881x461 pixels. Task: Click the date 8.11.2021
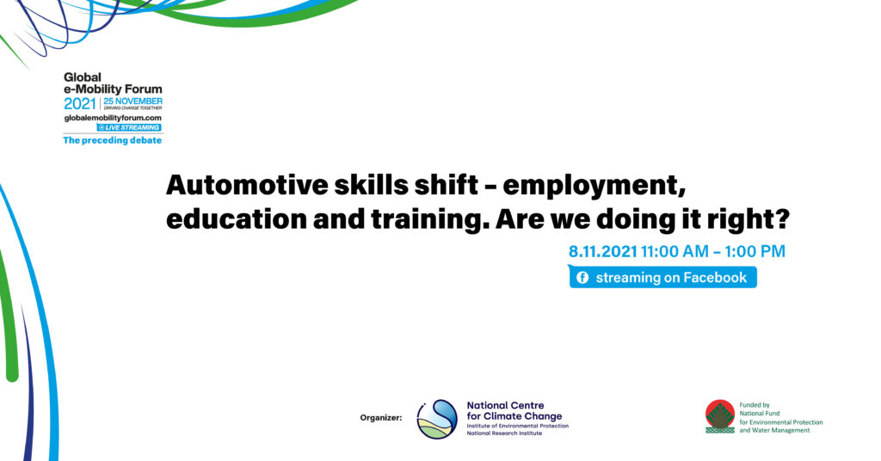(x=603, y=251)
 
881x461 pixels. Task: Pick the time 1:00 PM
(x=755, y=251)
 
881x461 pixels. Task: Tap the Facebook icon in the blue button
(x=582, y=278)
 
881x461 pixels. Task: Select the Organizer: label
(x=381, y=418)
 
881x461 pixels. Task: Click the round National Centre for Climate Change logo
(x=437, y=420)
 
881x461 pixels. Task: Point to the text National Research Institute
(x=504, y=433)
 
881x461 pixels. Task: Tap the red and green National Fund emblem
(x=720, y=416)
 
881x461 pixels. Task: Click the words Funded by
(x=755, y=405)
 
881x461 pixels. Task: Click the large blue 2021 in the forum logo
(x=80, y=104)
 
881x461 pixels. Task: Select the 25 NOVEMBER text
(x=133, y=101)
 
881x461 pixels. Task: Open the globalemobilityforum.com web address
(x=113, y=118)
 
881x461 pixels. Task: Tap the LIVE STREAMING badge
(x=129, y=127)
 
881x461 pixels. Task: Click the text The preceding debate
(x=113, y=140)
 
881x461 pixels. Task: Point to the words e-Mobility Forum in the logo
(x=113, y=89)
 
